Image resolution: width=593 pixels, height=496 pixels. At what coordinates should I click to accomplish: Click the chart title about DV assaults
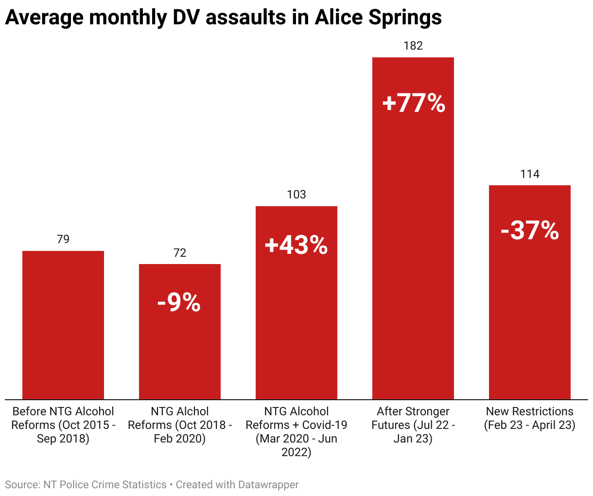tap(223, 18)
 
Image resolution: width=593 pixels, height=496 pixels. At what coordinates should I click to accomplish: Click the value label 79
tap(63, 239)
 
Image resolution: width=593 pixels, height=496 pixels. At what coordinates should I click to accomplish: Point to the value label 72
tap(180, 253)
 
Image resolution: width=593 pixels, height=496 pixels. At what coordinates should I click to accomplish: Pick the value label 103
tap(296, 195)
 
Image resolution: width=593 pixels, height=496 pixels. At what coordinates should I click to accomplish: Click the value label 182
tap(413, 46)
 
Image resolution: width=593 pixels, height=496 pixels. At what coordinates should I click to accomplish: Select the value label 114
tap(530, 174)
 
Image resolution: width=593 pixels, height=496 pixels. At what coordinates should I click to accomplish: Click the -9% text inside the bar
tap(179, 302)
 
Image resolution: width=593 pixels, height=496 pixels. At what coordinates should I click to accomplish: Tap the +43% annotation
tap(296, 245)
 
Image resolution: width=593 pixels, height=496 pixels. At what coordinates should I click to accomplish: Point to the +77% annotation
tap(414, 103)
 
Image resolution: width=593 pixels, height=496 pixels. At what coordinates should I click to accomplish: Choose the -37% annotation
tap(530, 230)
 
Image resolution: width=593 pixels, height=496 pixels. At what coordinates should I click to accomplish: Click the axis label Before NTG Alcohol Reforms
tap(63, 425)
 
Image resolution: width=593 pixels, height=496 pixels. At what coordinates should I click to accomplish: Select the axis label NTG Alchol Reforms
tap(180, 425)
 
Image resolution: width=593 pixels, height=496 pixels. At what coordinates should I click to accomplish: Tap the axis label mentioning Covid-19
tap(296, 432)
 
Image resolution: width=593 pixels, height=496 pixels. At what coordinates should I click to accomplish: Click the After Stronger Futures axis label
tap(413, 425)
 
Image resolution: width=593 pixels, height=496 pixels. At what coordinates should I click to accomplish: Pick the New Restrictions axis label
tap(530, 418)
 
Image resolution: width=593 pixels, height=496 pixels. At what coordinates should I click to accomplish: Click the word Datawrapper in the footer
tap(268, 485)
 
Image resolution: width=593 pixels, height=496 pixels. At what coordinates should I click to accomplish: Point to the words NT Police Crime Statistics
tap(105, 485)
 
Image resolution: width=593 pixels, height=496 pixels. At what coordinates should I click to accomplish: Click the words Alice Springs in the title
tap(378, 18)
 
